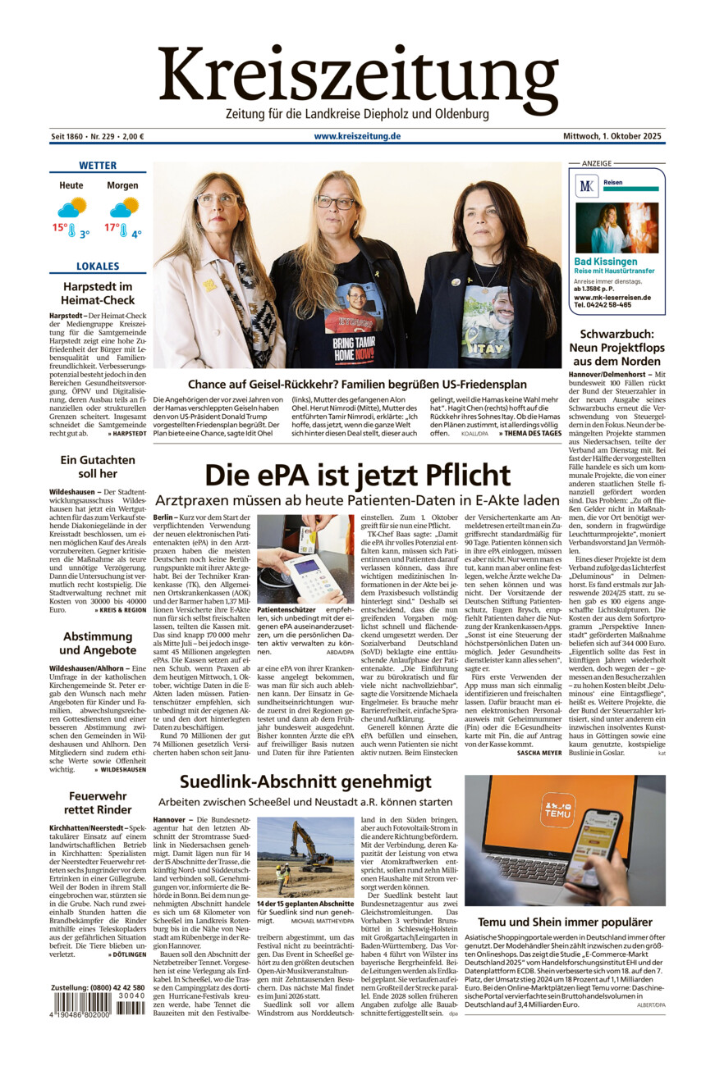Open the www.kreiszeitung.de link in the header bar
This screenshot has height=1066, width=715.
coord(357,136)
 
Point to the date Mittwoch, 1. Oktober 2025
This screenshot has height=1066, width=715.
coord(612,136)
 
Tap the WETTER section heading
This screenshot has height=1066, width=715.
coord(97,166)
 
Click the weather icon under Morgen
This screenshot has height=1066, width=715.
coord(125,207)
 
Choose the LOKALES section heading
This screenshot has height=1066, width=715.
coord(98,266)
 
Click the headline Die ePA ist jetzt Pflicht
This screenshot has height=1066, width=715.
coord(357,476)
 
